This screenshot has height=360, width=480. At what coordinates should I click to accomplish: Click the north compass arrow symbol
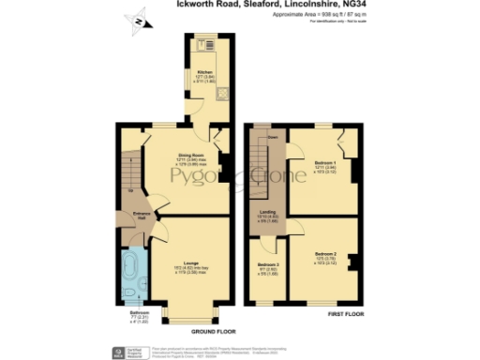coord(139,20)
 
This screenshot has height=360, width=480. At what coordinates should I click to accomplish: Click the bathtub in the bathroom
coord(132,277)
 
